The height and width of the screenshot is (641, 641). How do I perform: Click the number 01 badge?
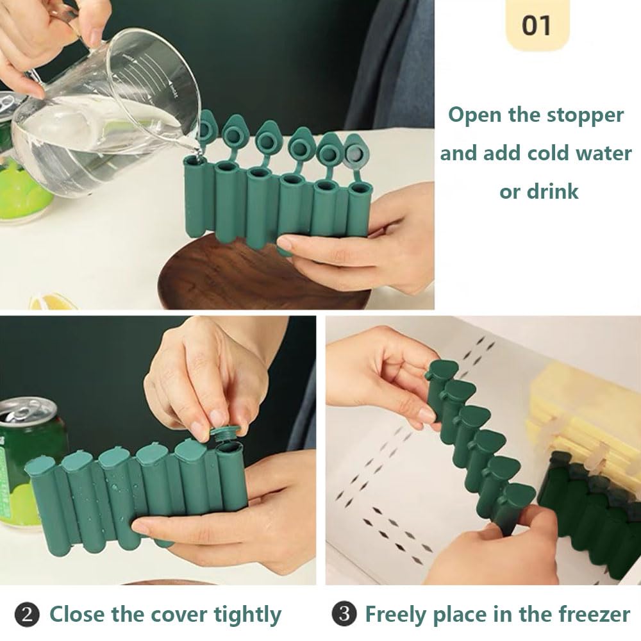pos(537,26)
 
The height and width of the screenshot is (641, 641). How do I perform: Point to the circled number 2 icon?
pos(27,615)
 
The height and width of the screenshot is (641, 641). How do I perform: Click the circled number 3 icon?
pos(344,615)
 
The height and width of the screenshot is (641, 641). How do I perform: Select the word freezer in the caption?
pos(590,615)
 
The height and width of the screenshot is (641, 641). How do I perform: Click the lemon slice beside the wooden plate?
pos(51,301)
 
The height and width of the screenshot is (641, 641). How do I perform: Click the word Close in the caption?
pos(77,615)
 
